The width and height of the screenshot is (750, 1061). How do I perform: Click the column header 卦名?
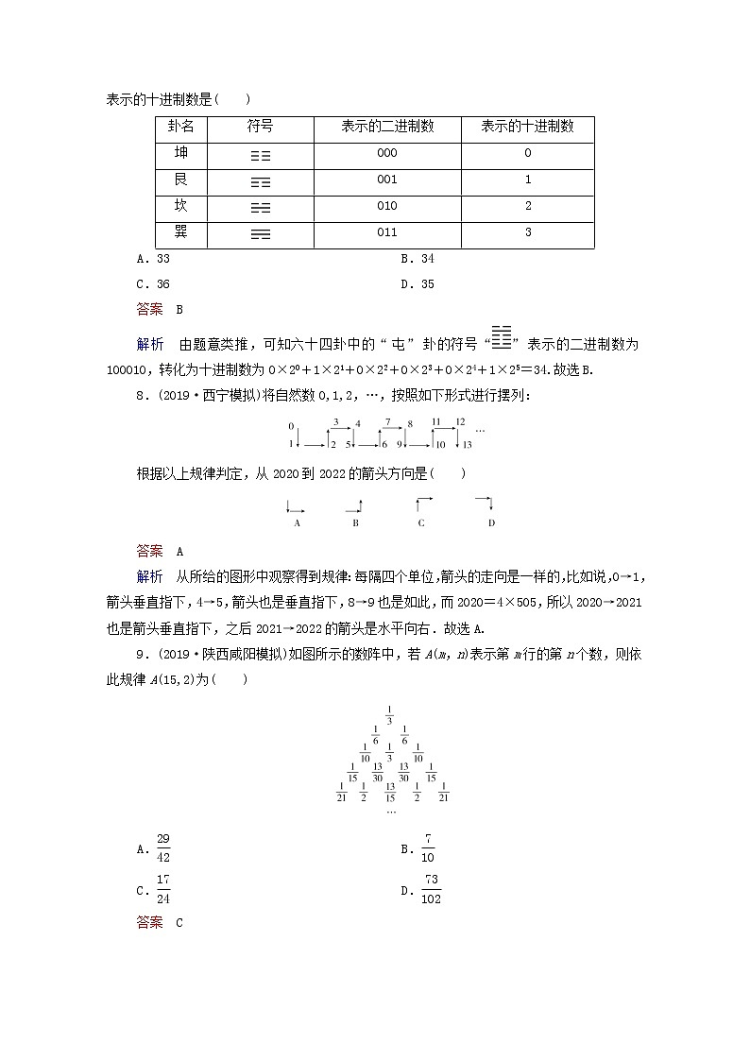click(x=181, y=126)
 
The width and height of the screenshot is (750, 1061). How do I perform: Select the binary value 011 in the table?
click(x=387, y=232)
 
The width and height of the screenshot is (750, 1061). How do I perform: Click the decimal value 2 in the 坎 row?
click(x=527, y=206)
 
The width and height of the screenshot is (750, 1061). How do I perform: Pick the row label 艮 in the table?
click(x=181, y=179)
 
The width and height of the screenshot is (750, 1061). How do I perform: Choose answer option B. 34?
click(x=417, y=259)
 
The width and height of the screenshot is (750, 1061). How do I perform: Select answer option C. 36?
click(x=153, y=283)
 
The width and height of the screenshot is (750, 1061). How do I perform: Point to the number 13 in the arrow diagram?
click(x=467, y=444)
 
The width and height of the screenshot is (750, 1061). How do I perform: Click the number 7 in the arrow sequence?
click(x=387, y=421)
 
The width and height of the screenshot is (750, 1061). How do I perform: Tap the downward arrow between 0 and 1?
click(x=298, y=436)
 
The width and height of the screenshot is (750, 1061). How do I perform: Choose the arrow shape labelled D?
click(x=486, y=503)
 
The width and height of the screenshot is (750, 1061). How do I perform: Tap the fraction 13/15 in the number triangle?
click(x=390, y=792)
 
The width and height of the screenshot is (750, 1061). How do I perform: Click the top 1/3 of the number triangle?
click(x=390, y=713)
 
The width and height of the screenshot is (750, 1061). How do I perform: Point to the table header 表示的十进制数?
click(x=527, y=126)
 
